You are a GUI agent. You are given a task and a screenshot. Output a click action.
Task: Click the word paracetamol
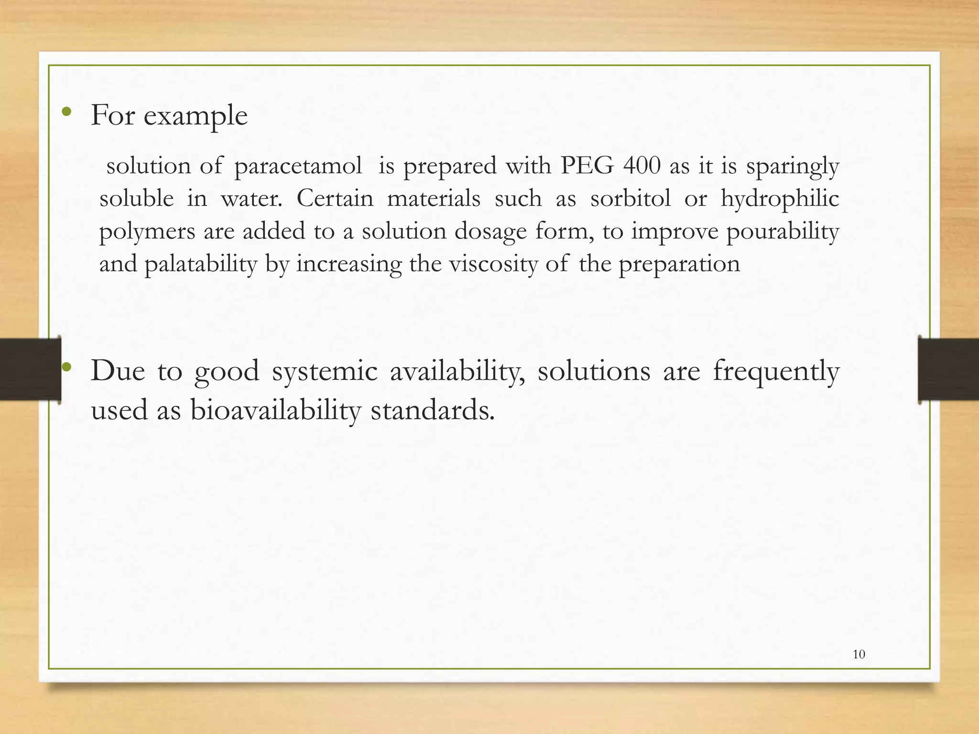click(x=298, y=167)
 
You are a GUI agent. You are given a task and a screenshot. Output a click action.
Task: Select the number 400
click(x=642, y=166)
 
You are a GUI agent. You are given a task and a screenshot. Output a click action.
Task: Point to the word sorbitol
click(x=630, y=198)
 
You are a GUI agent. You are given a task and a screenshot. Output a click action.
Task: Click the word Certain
click(x=335, y=198)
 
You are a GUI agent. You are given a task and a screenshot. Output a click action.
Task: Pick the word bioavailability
click(x=275, y=411)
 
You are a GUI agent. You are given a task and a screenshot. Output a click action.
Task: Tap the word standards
click(x=433, y=411)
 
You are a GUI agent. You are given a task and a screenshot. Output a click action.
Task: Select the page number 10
click(x=859, y=655)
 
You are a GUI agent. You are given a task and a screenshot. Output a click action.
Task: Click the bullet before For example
click(x=67, y=113)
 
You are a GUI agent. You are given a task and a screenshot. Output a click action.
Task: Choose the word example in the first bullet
click(x=196, y=116)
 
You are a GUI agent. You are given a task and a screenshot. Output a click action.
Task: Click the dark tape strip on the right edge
click(x=948, y=369)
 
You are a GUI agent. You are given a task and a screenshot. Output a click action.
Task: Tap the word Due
click(x=118, y=371)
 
